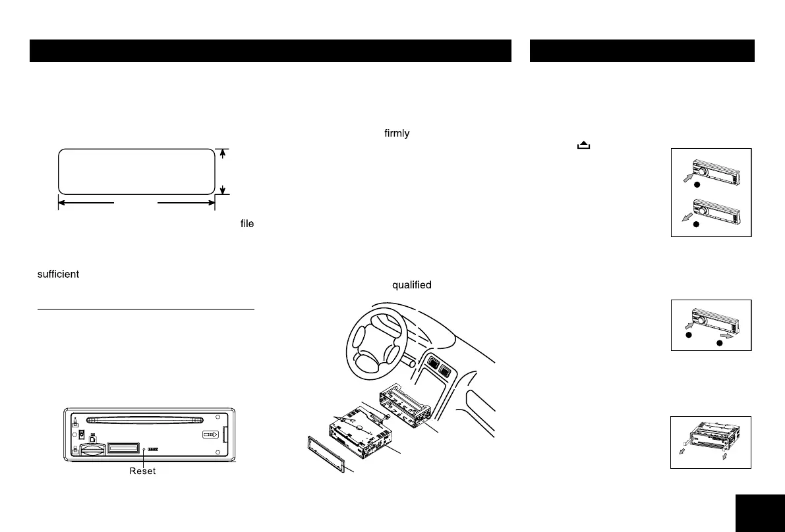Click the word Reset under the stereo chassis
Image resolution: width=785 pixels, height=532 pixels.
pos(142,472)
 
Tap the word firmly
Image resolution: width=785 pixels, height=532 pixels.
pos(397,134)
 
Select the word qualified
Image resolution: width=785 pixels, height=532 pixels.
pos(412,285)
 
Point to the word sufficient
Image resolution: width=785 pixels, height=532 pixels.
pos(58,274)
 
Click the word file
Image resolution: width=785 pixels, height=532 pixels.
pos(247,224)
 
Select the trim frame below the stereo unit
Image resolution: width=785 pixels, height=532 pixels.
pos(327,454)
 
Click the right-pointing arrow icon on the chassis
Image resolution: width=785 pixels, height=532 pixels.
pos(209,435)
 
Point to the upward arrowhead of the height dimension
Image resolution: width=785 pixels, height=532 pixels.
pos(223,153)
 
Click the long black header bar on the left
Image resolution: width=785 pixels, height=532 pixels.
pos(270,51)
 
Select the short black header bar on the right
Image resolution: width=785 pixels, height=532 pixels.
pos(642,51)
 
